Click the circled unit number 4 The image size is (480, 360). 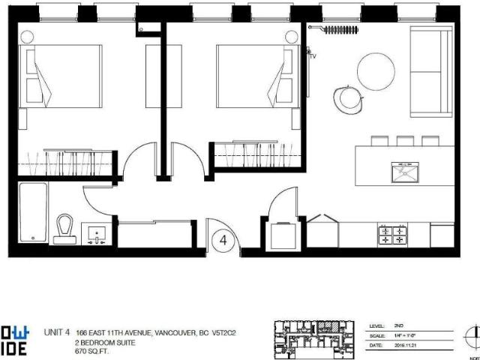tap(224, 241)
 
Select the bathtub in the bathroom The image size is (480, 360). tap(32, 212)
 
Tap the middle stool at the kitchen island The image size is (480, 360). tap(405, 140)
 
